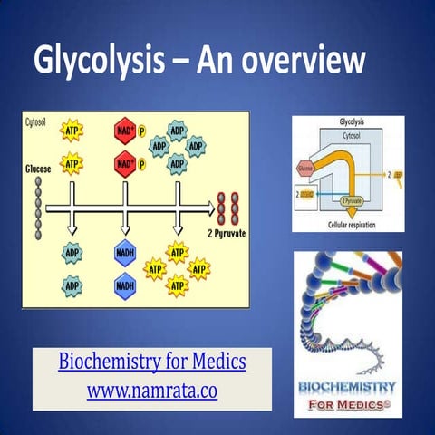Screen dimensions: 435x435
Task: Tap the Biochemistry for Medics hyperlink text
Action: click(152, 363)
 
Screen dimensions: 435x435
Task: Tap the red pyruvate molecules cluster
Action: click(227, 208)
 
